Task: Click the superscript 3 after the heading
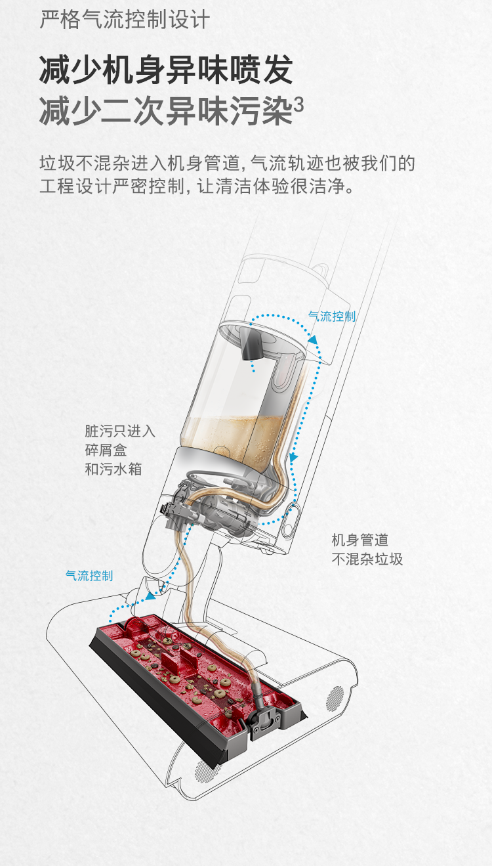298,104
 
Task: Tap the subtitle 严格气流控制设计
124,20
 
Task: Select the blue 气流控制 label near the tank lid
332,316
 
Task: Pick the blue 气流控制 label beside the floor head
89,576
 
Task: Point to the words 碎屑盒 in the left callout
106,450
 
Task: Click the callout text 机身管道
359,540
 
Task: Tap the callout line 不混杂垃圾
367,559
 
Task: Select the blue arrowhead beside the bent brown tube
294,456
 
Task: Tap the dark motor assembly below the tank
223,509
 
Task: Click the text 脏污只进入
120,431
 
